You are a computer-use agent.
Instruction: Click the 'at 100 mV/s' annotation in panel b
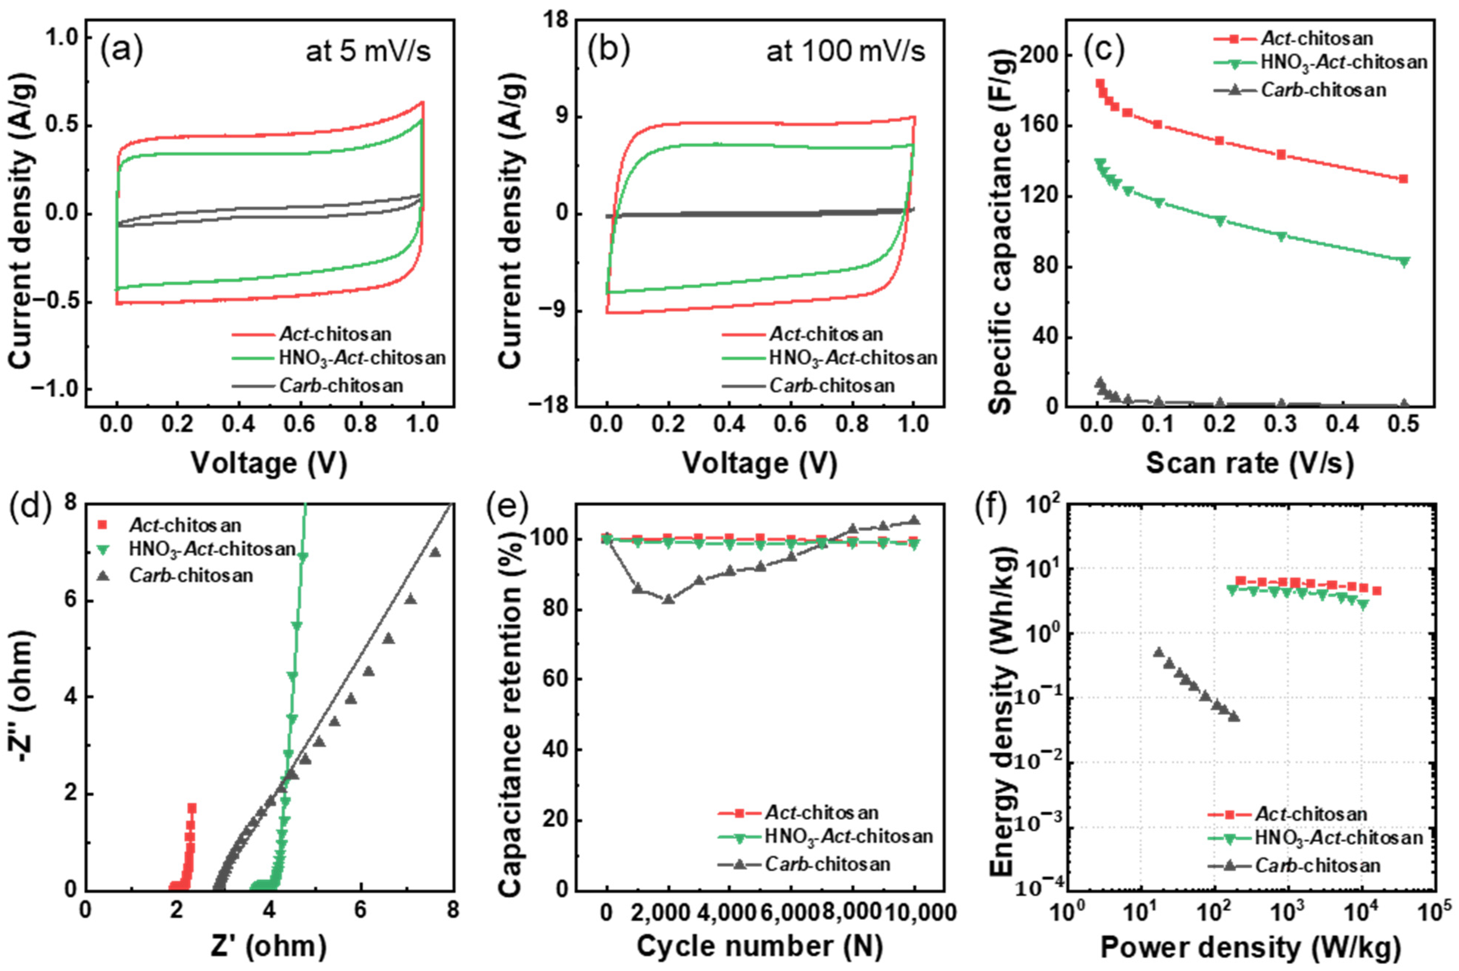(x=845, y=51)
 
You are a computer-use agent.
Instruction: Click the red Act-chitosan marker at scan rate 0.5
(x=1403, y=179)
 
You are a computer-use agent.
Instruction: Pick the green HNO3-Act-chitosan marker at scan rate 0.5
(x=1403, y=262)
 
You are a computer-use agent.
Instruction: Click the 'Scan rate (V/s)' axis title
(x=1249, y=463)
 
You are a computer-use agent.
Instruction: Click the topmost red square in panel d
(x=192, y=808)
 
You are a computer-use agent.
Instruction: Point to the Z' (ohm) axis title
(x=269, y=946)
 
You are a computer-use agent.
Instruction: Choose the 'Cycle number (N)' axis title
(x=759, y=946)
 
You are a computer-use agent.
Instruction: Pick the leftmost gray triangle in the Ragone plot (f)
(x=1158, y=652)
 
